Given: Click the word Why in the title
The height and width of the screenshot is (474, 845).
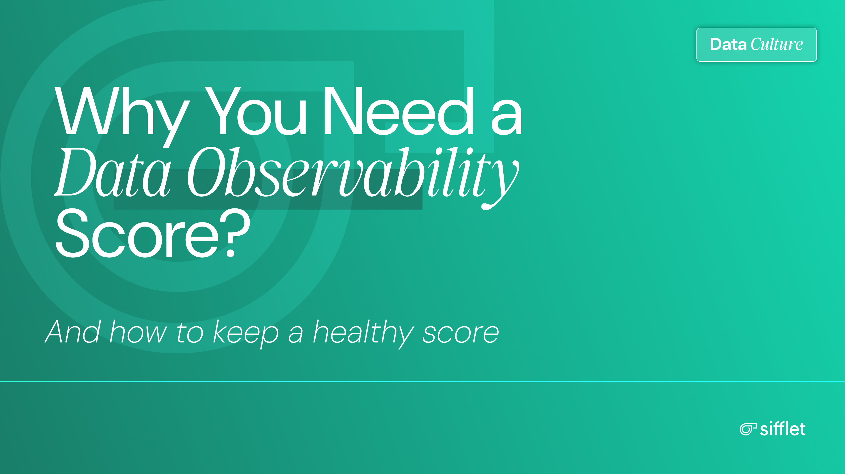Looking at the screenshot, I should tap(121, 111).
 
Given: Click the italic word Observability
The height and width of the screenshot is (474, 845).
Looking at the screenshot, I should tap(353, 174).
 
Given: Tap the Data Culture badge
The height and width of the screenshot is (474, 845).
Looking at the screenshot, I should tap(756, 44).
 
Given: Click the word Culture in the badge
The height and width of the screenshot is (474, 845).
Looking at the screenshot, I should tap(777, 44).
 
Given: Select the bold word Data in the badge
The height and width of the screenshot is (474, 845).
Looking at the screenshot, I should tap(728, 44).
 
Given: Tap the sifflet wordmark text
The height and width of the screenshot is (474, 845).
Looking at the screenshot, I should tap(783, 429).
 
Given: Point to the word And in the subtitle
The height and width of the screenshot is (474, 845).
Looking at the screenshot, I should tap(72, 332).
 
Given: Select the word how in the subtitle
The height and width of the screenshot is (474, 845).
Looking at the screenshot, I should tap(138, 332).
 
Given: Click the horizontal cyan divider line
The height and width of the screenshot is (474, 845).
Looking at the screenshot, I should tap(422, 382).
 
